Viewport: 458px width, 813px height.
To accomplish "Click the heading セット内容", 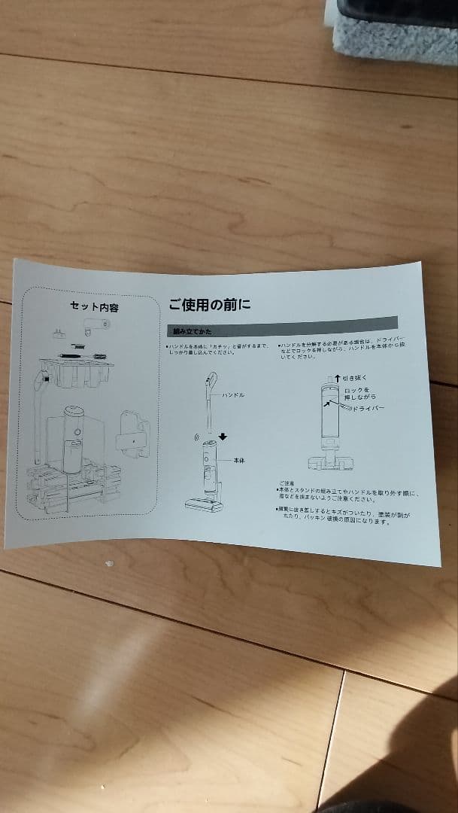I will tap(94, 307).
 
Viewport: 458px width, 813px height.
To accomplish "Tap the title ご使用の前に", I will tap(210, 305).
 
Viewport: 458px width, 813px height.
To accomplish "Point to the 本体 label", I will tap(240, 460).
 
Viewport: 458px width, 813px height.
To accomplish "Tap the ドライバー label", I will tap(368, 407).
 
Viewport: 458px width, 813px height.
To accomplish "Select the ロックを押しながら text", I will tap(360, 393).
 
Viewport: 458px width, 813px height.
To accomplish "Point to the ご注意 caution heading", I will tap(287, 484).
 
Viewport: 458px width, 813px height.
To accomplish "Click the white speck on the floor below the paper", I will tap(110, 563).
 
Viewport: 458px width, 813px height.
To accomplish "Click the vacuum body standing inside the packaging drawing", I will tap(74, 437).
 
